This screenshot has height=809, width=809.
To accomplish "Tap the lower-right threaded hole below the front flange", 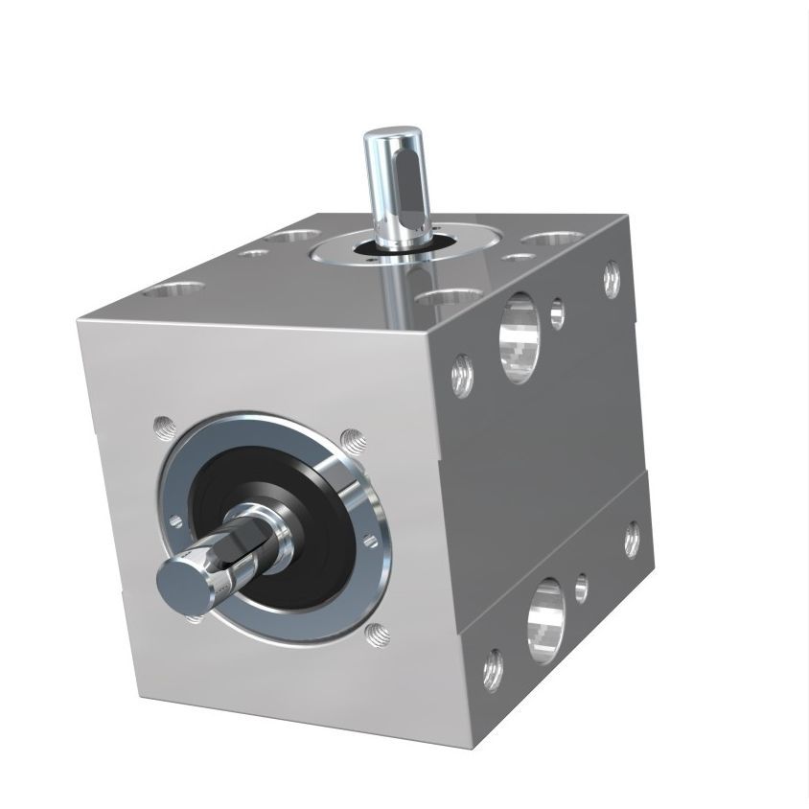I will point(377,632).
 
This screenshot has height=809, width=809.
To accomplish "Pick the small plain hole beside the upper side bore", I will point(557,312).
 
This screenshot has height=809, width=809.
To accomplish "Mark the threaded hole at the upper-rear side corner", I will point(612,278).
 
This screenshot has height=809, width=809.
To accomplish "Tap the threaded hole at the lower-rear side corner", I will point(632,538).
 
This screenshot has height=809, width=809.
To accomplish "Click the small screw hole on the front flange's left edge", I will point(174,521).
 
